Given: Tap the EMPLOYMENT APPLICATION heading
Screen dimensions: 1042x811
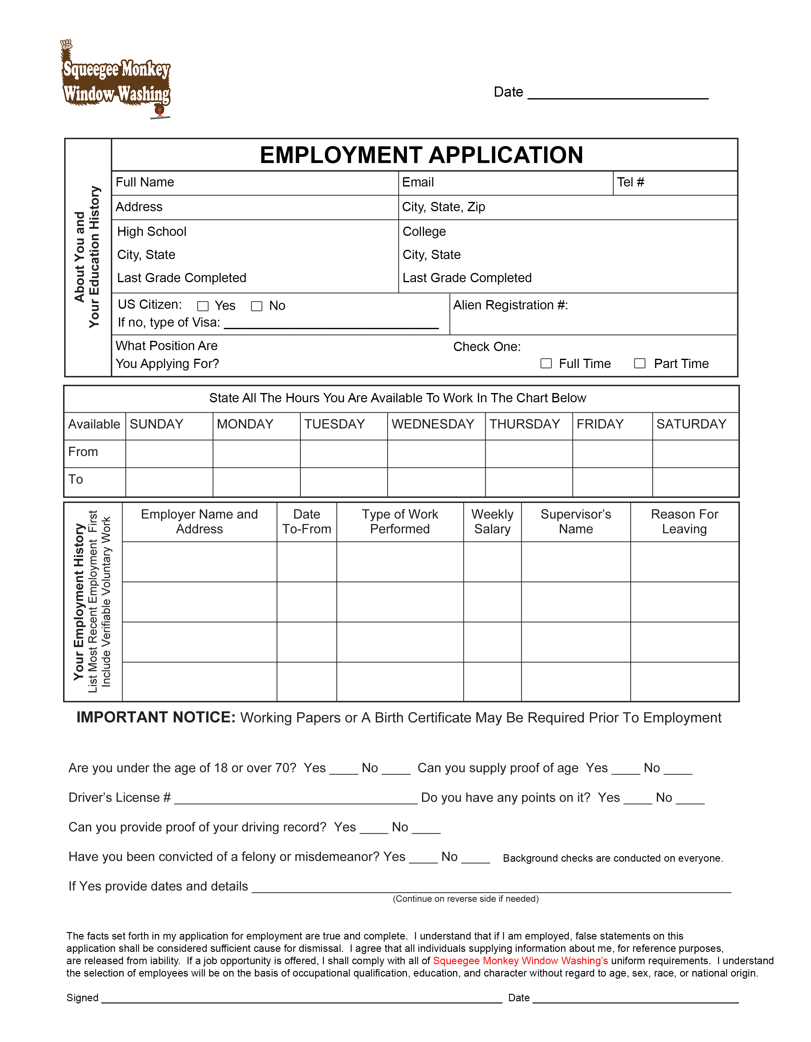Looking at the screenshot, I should point(421,155).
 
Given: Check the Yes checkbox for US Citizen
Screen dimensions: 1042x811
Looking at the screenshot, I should point(203,306).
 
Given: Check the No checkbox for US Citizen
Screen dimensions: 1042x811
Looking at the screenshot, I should point(257,306).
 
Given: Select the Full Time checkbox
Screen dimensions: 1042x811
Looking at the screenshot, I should point(546,364).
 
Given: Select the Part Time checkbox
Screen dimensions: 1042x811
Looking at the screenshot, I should point(640,364).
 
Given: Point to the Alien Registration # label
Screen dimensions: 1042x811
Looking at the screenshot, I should point(510,305).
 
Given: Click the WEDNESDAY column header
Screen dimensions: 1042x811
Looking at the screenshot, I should point(433,424).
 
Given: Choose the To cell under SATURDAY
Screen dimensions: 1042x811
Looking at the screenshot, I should point(695,482).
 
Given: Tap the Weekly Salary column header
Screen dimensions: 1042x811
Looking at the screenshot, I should point(492,521).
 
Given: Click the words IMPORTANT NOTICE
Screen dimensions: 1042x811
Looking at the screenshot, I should point(156,718).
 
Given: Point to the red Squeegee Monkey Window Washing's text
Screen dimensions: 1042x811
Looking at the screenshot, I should point(520,961).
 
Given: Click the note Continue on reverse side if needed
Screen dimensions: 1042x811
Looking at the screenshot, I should point(465,899).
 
